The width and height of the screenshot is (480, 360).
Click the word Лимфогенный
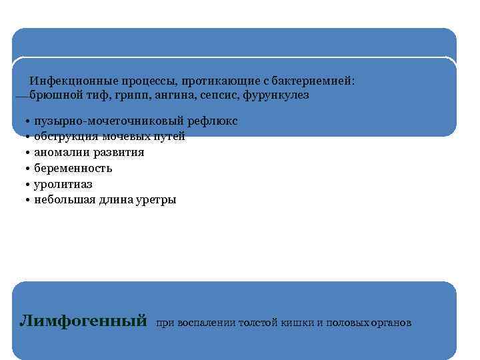[83, 321]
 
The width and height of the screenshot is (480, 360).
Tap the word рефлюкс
[213, 121]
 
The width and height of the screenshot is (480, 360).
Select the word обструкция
[65, 137]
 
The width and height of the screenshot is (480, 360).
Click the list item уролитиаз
[63, 184]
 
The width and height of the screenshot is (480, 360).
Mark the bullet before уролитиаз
[23, 184]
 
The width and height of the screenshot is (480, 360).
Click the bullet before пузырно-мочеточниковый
[23, 121]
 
